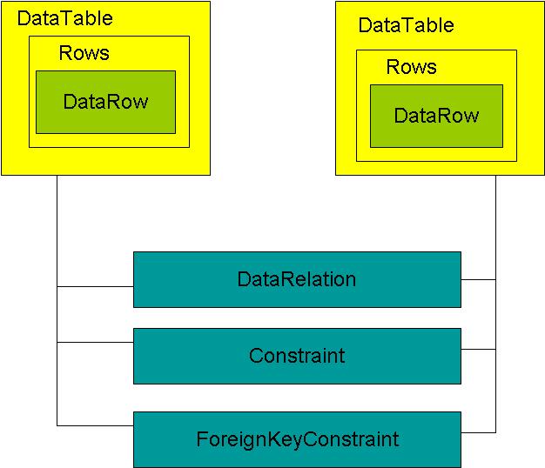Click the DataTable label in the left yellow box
65,18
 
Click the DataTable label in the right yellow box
406,25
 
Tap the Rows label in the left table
84,53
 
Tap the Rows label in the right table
411,67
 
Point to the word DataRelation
297,279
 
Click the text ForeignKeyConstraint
297,439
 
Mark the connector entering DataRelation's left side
95,286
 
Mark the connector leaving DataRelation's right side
478,279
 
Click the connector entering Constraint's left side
95,342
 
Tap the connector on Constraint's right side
478,349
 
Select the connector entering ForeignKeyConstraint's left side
95,425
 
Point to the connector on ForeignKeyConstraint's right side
478,432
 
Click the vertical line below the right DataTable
495,226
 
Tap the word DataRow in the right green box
436,116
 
